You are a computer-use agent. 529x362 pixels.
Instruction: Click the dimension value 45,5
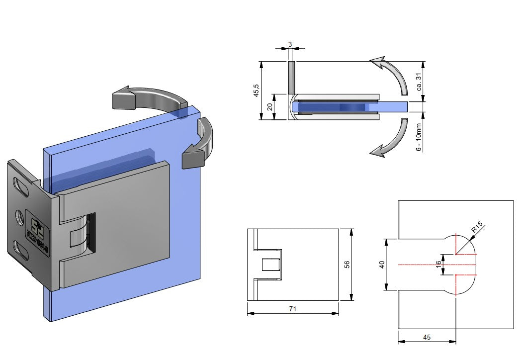(256, 91)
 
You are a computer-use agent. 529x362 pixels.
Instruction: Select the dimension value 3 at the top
(290, 44)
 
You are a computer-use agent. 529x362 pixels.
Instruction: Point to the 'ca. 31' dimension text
(419, 81)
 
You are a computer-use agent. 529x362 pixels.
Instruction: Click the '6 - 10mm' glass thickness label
(419, 137)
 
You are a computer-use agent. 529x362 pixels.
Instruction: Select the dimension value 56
(347, 265)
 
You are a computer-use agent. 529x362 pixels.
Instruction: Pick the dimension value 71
(293, 309)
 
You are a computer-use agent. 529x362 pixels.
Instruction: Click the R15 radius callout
(477, 228)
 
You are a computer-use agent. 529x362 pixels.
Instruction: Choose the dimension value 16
(438, 264)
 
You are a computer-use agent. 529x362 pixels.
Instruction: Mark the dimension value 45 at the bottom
(427, 337)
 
